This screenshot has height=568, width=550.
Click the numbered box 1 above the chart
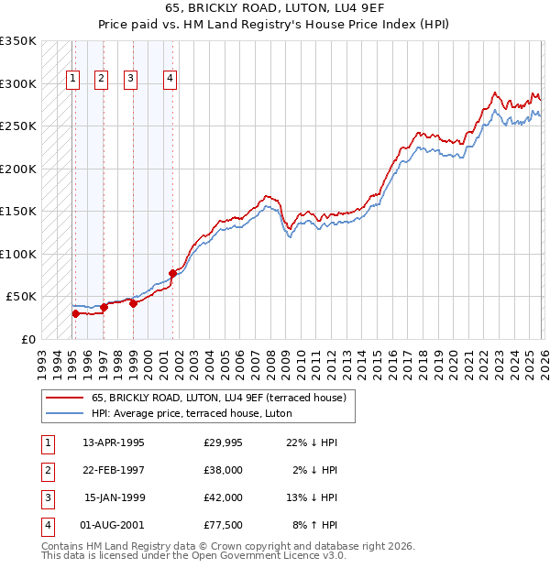point(72,79)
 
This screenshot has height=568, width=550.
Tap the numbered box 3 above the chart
point(131,79)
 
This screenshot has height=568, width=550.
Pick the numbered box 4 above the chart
point(170,79)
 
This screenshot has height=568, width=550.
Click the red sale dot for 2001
point(172,272)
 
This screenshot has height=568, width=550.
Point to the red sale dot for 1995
point(76,313)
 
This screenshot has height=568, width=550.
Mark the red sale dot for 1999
point(133,303)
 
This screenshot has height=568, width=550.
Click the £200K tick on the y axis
point(18,169)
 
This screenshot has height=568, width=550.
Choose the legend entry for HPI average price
point(192,414)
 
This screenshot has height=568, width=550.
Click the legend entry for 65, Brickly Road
point(218,398)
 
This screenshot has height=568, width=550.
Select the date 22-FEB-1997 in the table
point(113,470)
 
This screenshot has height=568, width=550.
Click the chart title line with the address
point(275,8)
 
